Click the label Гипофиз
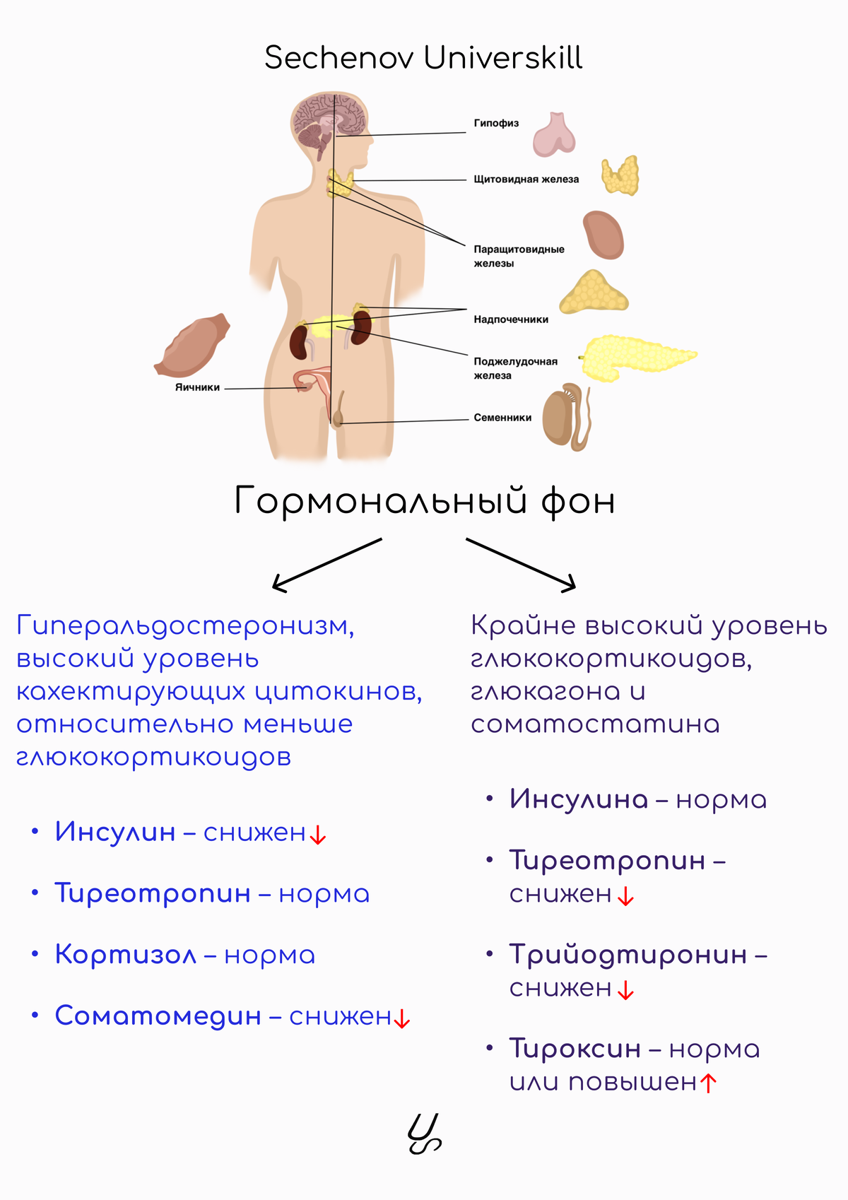pyautogui.click(x=496, y=123)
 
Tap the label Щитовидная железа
pyautogui.click(x=526, y=179)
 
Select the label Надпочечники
pyautogui.click(x=511, y=319)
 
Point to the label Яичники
pyautogui.click(x=197, y=387)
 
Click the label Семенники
pyautogui.click(x=502, y=418)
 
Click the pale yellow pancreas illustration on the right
pyautogui.click(x=637, y=358)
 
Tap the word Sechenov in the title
pyautogui.click(x=338, y=58)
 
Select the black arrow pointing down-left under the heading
pyautogui.click(x=326, y=565)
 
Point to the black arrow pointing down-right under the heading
pyautogui.click(x=521, y=565)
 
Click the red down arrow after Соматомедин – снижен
pyautogui.click(x=402, y=1018)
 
